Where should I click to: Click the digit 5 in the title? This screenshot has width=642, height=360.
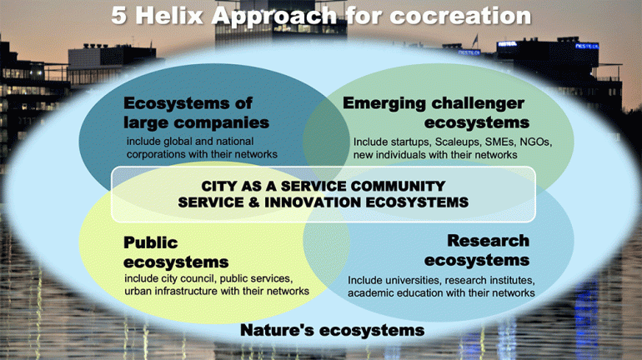(x=118, y=16)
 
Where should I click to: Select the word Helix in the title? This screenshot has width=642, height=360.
(x=169, y=16)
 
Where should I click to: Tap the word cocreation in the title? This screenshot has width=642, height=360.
(x=460, y=16)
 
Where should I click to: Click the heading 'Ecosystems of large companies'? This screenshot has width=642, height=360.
(x=196, y=112)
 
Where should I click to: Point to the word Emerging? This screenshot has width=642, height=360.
(x=384, y=104)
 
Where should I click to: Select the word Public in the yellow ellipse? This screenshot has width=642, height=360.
(x=151, y=242)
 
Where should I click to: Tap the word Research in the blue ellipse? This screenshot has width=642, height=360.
(x=488, y=241)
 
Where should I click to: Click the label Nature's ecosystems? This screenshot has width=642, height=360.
(x=332, y=330)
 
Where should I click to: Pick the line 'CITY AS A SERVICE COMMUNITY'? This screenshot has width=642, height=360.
(x=323, y=186)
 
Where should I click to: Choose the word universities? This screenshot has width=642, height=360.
(x=412, y=280)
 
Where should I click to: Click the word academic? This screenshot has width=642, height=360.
(x=366, y=292)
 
